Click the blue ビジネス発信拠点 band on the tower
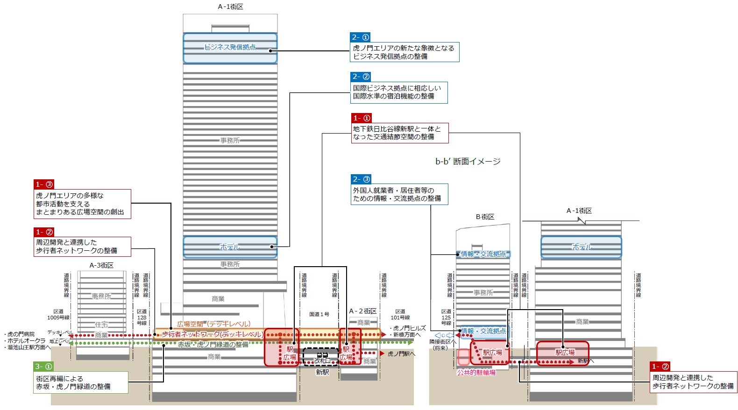(230, 48)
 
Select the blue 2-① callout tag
(360, 37)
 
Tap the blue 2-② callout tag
(361, 77)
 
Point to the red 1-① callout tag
(362, 118)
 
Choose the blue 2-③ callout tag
(361, 179)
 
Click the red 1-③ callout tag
(44, 184)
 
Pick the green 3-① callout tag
(43, 367)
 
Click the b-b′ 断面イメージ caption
(468, 162)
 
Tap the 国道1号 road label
(319, 314)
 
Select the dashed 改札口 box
(321, 357)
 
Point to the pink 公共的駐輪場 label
(476, 373)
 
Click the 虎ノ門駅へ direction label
(401, 354)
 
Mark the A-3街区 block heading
(101, 265)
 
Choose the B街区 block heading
(485, 217)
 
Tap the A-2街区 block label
(362, 311)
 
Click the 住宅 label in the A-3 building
(101, 325)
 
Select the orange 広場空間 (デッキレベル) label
(213, 324)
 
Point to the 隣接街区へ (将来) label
(442, 345)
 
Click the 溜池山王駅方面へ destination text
(29, 347)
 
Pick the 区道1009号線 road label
(58, 314)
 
